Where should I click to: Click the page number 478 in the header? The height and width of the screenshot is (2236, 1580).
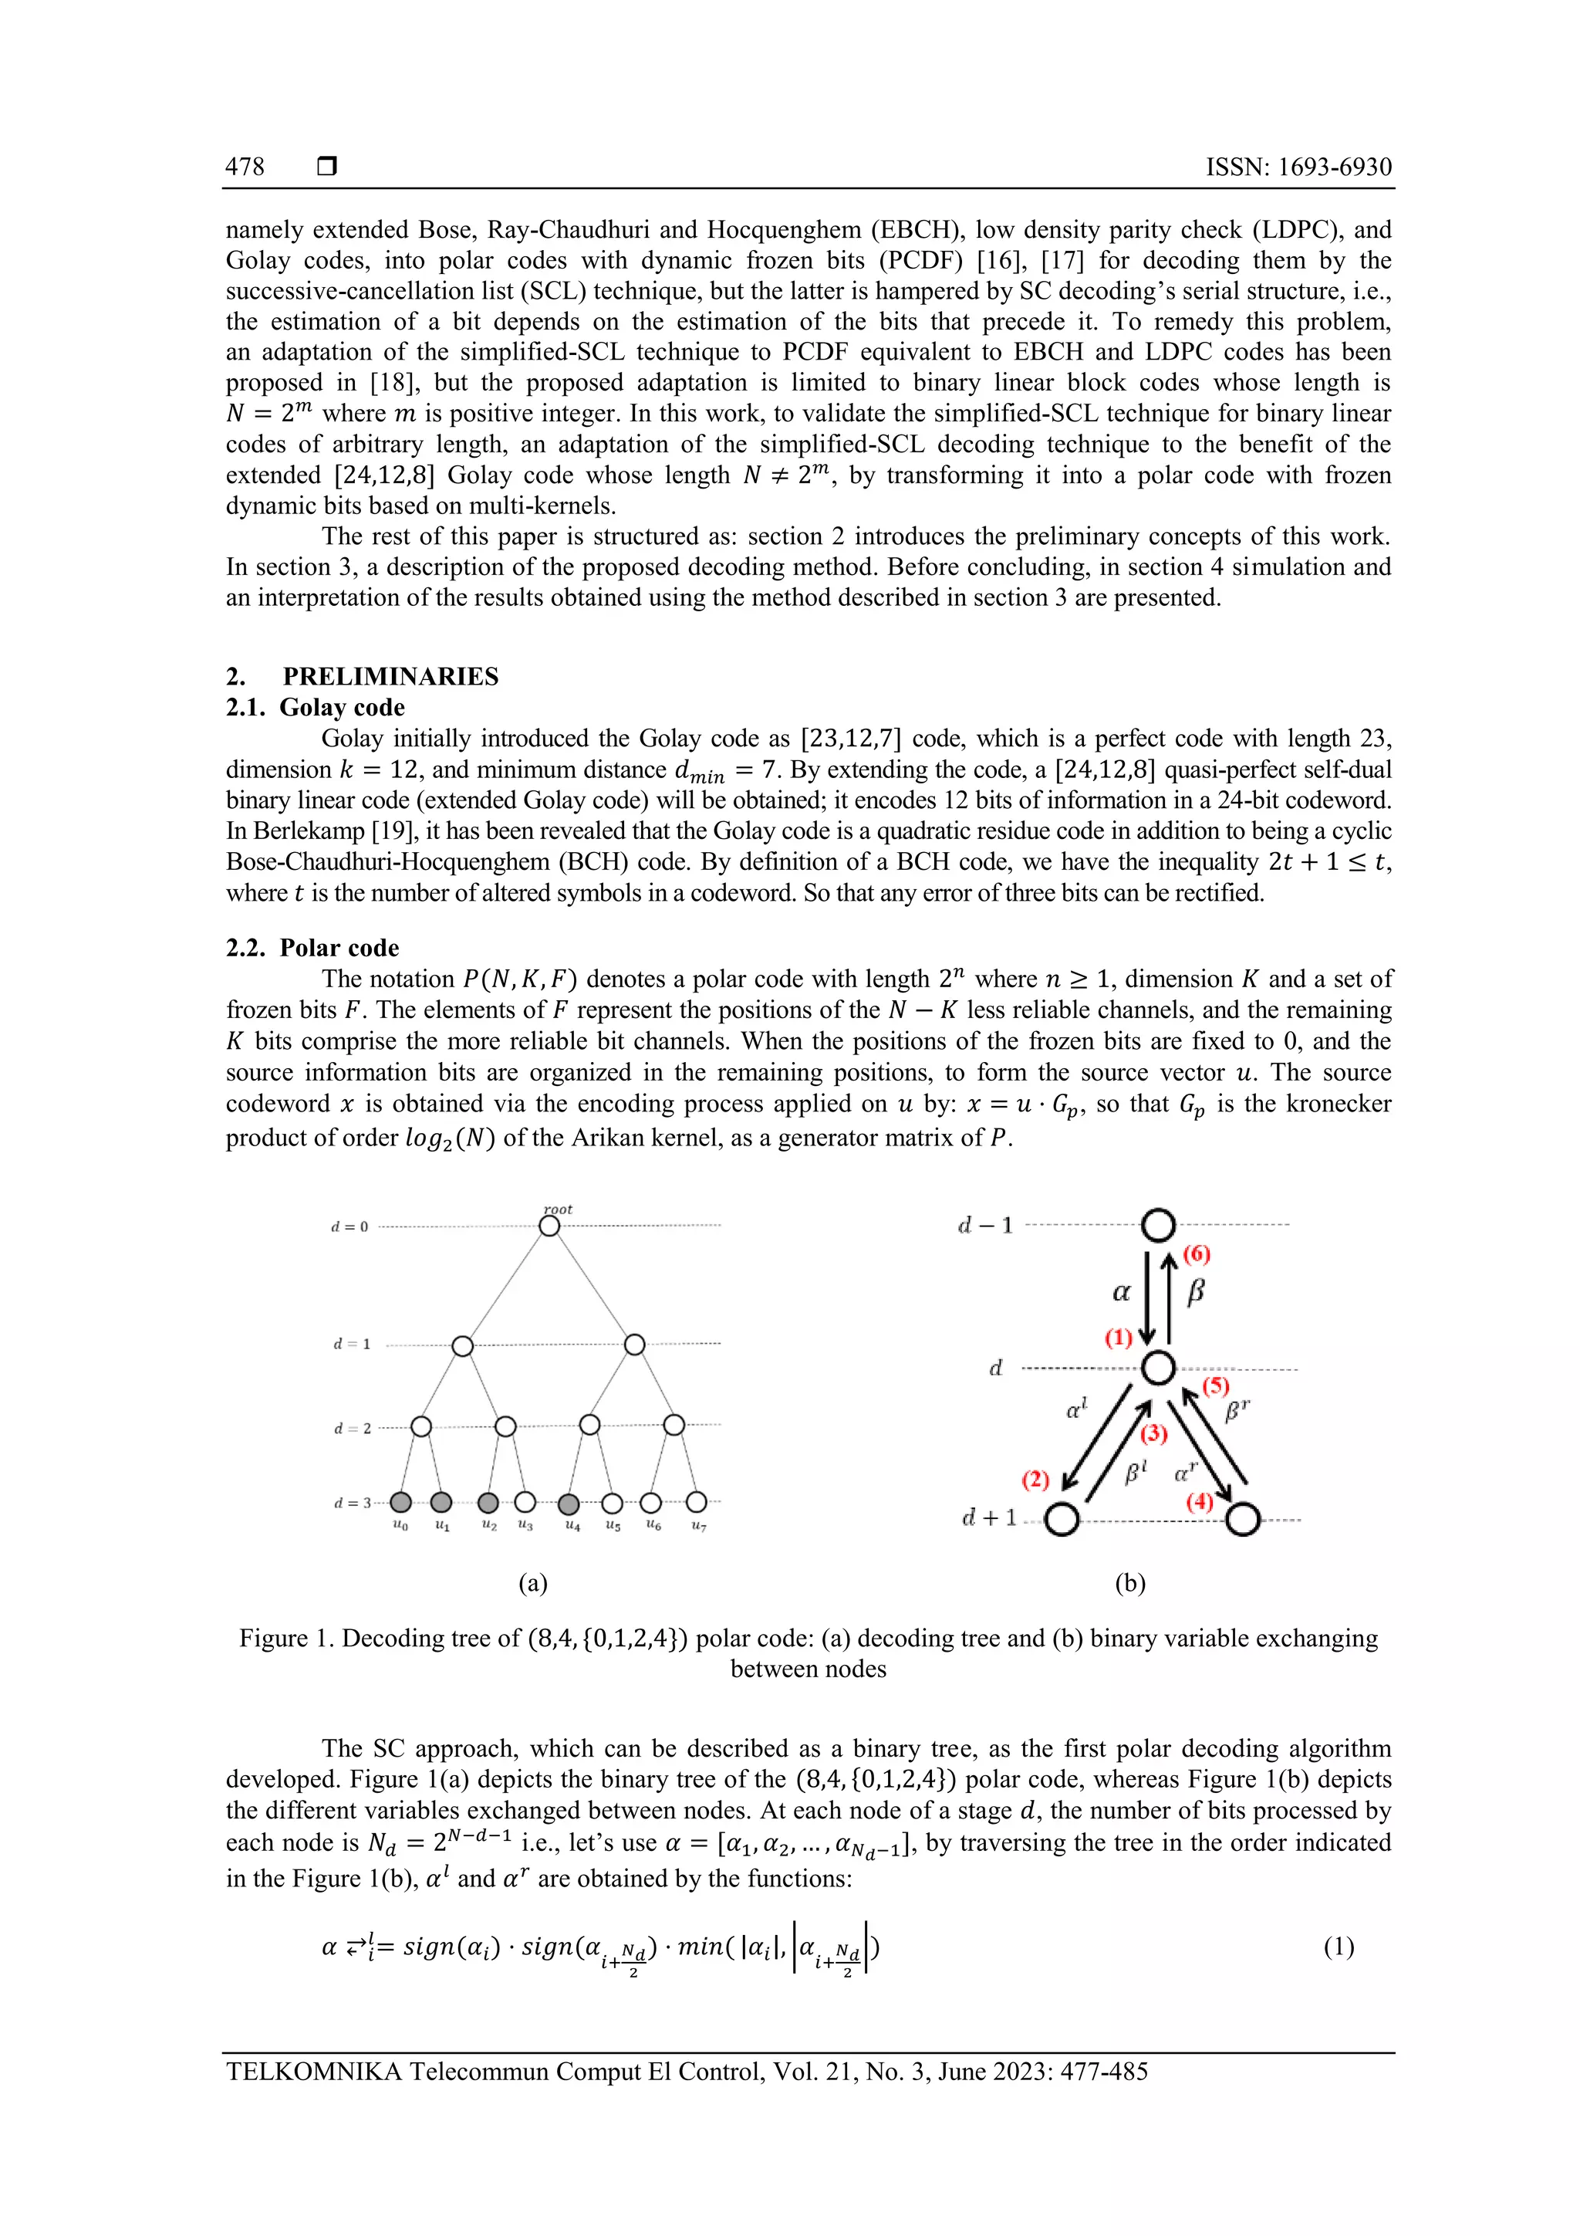coord(245,167)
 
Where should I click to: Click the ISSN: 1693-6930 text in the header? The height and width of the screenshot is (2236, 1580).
coord(1298,167)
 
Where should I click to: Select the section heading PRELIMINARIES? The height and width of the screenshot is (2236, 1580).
coord(390,677)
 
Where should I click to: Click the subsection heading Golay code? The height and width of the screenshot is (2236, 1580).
coord(342,708)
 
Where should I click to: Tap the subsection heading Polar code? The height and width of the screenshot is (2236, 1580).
coord(339,949)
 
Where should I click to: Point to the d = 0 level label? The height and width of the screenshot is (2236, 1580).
coord(349,1227)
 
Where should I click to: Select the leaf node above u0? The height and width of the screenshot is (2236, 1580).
coord(400,1503)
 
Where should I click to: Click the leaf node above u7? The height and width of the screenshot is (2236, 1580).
coord(696,1502)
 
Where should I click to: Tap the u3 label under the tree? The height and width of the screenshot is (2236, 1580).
coord(525,1525)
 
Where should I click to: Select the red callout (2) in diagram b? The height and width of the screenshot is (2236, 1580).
coord(1035,1480)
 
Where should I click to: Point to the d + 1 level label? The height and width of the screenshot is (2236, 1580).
coord(988,1517)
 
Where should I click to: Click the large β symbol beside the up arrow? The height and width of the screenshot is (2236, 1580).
coord(1197,1292)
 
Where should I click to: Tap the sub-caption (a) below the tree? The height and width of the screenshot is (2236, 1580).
coord(532,1584)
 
